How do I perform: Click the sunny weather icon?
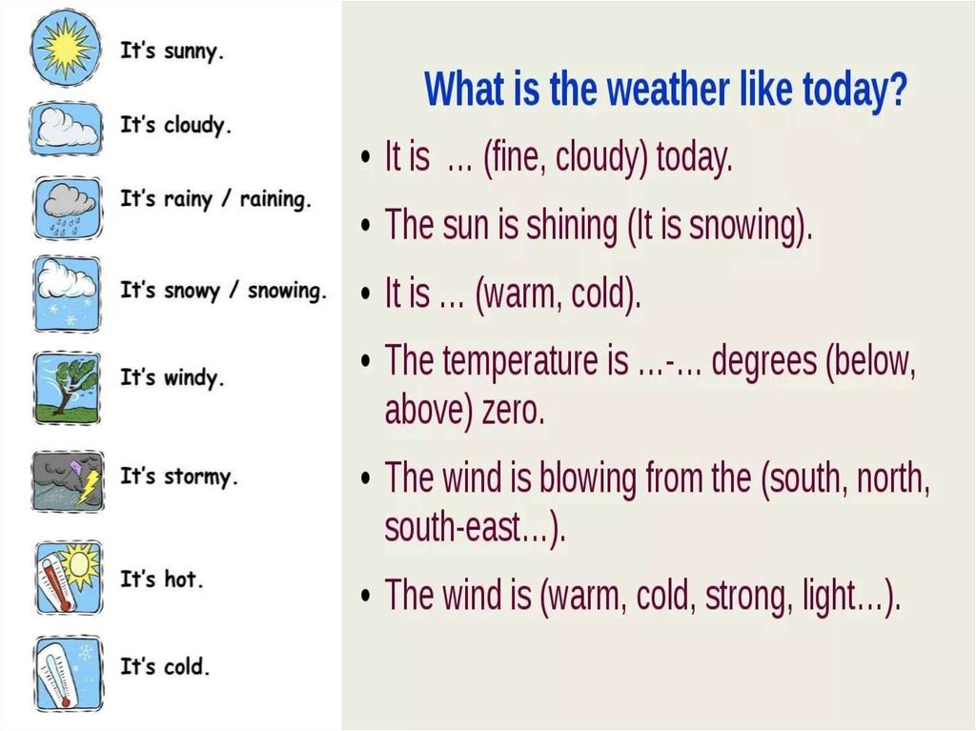click(65, 48)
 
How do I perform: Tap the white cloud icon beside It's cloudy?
click(66, 129)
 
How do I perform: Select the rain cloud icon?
click(68, 208)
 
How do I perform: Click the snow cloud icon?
click(67, 294)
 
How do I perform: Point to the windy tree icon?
click(66, 388)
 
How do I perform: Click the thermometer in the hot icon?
click(57, 583)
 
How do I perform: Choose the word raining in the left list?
click(275, 200)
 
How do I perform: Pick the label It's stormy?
click(178, 477)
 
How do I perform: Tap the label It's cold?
click(164, 665)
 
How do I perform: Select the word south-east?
click(452, 528)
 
